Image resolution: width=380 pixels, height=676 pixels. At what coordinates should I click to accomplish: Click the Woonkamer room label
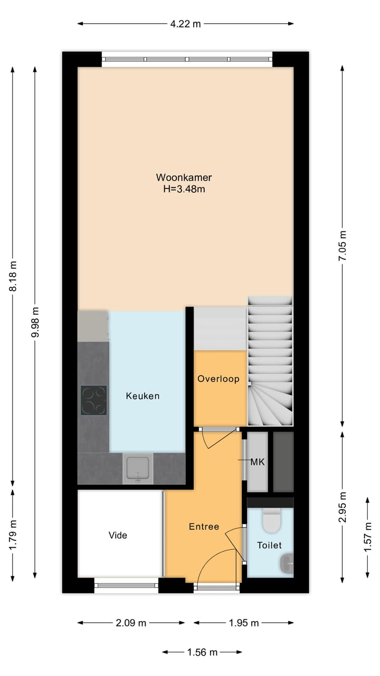184,177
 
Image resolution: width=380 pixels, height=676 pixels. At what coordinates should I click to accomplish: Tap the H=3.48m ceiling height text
184,189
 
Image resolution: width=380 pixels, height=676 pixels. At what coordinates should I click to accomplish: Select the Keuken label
142,396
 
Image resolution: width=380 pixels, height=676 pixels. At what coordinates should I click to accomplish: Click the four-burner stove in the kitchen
93,400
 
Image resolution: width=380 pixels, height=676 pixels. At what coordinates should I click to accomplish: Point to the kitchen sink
138,468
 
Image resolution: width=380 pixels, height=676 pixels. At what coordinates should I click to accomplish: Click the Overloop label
218,379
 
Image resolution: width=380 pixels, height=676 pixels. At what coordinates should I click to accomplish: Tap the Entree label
204,527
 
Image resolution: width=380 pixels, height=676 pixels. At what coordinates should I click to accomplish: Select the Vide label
118,535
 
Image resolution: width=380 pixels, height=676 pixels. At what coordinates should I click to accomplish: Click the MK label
258,462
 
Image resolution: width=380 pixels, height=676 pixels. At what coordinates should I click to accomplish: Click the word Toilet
269,545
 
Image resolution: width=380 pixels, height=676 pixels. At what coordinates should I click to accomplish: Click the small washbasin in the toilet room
288,563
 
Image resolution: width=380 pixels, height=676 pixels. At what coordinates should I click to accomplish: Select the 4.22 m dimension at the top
185,24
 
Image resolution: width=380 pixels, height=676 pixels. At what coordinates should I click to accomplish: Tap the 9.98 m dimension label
35,322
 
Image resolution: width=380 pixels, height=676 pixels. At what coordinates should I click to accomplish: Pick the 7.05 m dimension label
343,246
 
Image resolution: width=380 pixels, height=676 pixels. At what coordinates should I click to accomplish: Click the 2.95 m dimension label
343,507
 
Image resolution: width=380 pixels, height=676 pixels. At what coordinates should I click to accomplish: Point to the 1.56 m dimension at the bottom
203,652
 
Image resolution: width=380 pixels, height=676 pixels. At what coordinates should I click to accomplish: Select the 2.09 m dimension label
131,623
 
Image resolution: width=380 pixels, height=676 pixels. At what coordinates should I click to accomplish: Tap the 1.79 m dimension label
13,534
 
